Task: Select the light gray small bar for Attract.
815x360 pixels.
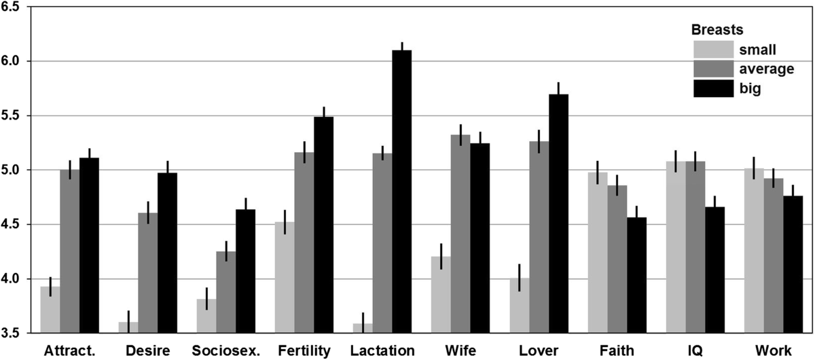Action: [x=50, y=310]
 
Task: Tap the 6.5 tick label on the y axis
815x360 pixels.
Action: [x=13, y=7]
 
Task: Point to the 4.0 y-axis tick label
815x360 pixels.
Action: [x=13, y=279]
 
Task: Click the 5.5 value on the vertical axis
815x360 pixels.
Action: [x=13, y=115]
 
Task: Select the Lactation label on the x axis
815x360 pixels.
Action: [x=382, y=350]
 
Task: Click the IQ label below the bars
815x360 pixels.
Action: [x=695, y=350]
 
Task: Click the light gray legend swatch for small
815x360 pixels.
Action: [x=712, y=49]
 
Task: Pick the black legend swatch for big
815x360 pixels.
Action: [x=712, y=88]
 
